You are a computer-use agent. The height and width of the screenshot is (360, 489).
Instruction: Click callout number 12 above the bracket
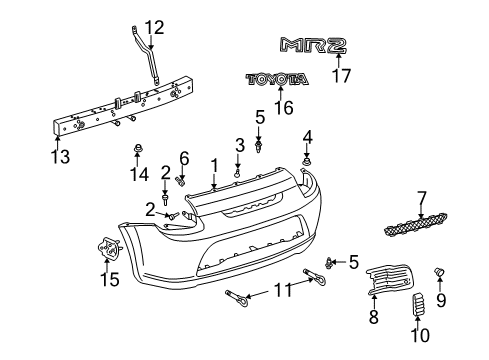151,27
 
